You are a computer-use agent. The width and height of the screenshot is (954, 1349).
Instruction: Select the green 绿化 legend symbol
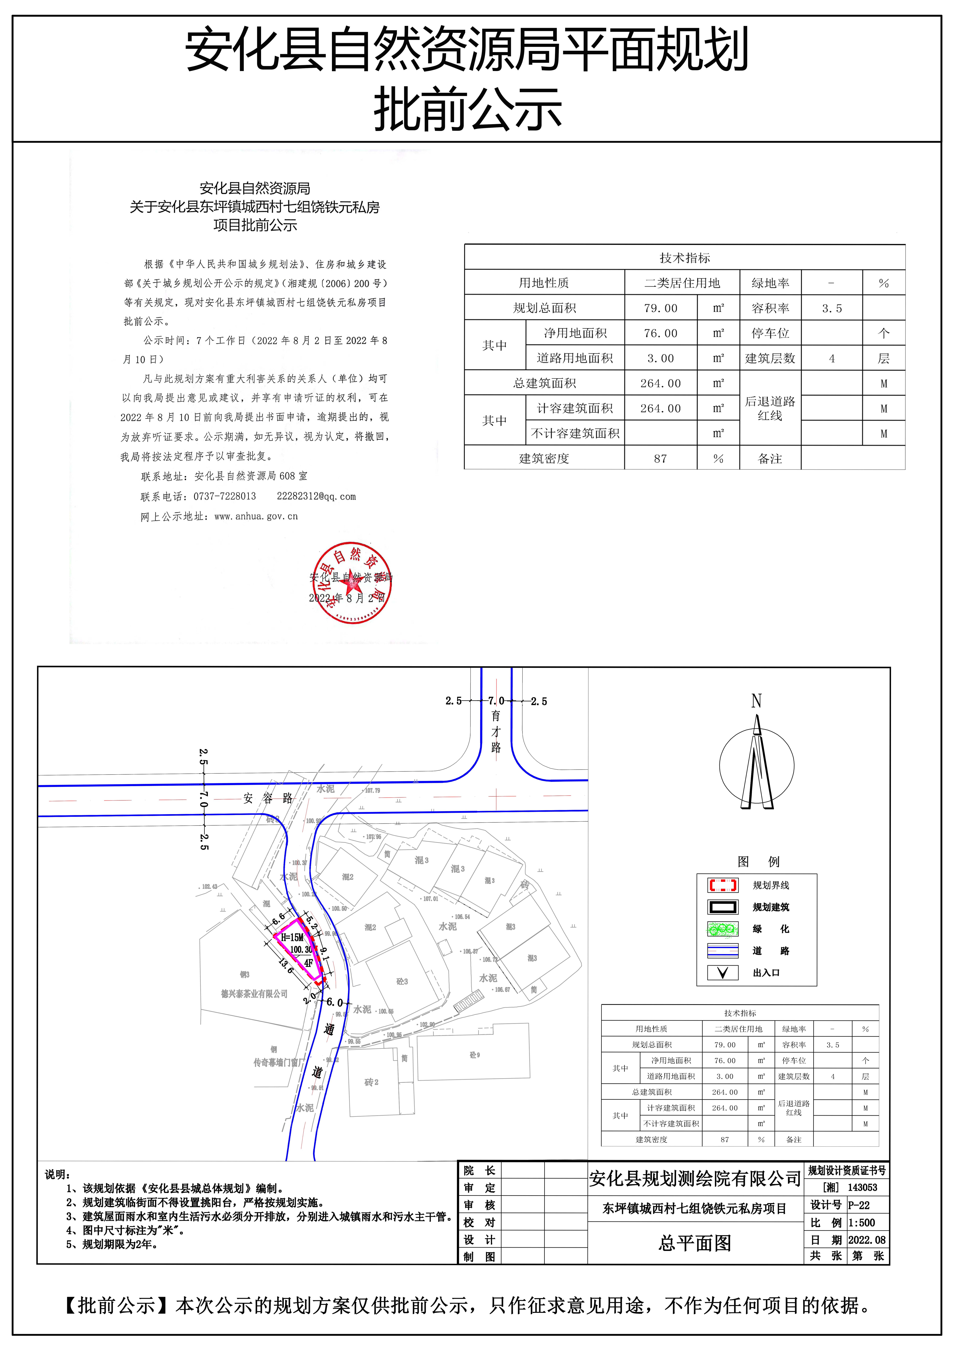pos(723,929)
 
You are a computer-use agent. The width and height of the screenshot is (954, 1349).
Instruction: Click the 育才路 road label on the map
pos(496,732)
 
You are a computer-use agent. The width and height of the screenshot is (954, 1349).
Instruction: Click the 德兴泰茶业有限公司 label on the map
pos(254,993)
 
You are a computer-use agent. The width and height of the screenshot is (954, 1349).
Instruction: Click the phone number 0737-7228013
pos(225,497)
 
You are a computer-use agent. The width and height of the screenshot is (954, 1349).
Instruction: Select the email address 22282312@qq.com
pos(316,497)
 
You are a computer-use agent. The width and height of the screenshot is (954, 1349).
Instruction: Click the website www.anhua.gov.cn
pos(256,516)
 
